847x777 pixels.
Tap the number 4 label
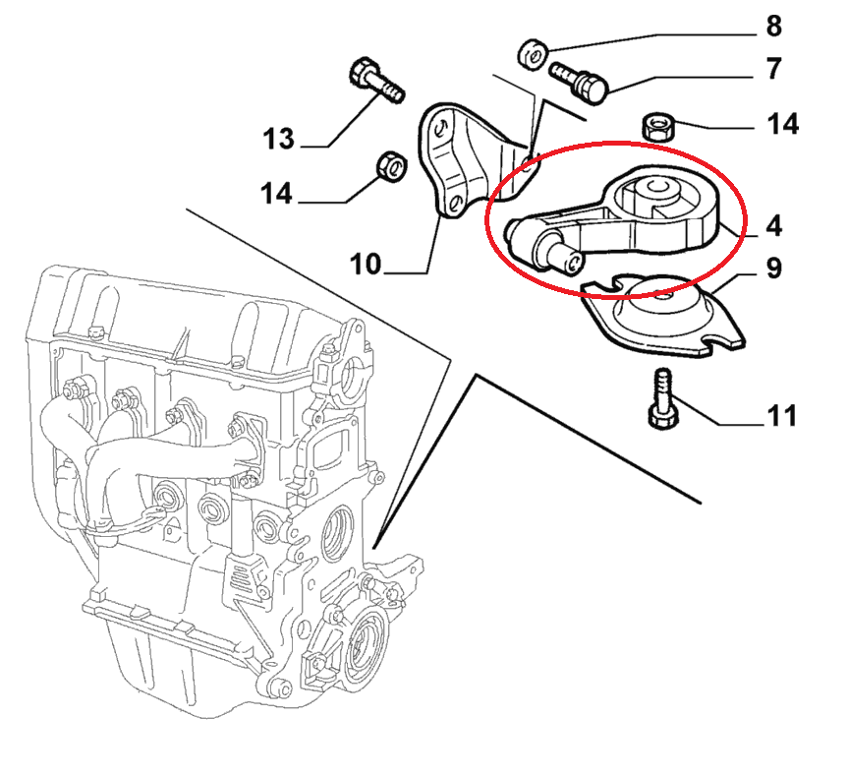(773, 225)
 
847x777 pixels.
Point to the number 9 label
(773, 268)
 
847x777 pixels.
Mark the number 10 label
(367, 264)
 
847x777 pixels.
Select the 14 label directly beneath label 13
(277, 194)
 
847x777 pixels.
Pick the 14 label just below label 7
(782, 124)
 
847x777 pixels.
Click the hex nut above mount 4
(657, 127)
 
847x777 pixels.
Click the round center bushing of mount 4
(654, 189)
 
